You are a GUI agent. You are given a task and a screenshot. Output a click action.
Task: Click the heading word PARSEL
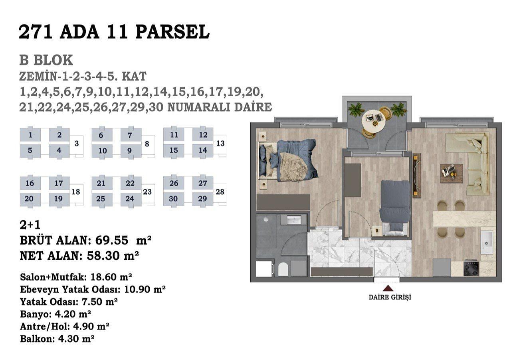[172, 32]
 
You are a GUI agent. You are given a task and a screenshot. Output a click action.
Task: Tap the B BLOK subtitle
[46, 60]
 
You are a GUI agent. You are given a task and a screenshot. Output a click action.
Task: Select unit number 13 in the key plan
[220, 143]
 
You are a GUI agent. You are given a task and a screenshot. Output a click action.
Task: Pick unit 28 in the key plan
[220, 192]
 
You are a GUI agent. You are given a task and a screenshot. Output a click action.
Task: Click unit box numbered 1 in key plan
[30, 135]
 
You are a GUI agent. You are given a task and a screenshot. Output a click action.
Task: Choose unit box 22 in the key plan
[130, 183]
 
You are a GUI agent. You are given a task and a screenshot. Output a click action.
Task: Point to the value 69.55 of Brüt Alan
[111, 241]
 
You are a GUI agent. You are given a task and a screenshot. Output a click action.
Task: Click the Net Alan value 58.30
[103, 256]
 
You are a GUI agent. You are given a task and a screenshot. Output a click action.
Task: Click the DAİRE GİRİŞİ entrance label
[390, 298]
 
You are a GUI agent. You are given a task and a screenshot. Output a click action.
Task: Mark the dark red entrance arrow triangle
[388, 288]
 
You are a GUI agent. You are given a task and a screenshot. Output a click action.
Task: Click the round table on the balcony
[374, 122]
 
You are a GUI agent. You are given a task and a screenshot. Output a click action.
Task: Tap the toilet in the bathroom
[283, 269]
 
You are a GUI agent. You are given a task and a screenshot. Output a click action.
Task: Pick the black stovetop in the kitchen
[471, 268]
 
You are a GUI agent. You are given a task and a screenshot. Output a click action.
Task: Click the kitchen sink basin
[487, 242]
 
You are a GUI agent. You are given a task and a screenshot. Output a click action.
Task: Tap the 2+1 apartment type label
[30, 225]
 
